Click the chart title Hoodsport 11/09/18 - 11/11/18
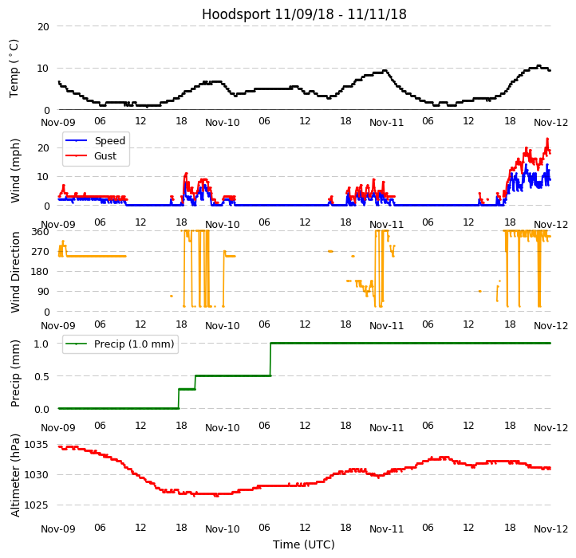coord(304,14)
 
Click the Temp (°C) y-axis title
coord(14,68)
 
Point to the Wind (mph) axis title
coord(15,170)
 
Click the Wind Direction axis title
coord(15,271)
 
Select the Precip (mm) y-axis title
coord(15,373)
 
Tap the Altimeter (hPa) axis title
coord(15,475)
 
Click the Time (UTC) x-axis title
coord(304,544)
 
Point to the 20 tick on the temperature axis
coord(42,26)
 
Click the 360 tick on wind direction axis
coord(40,232)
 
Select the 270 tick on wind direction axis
coord(40,252)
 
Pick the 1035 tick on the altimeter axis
coord(36,444)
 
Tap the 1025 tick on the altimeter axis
coord(36,505)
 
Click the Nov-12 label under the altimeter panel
coord(551,529)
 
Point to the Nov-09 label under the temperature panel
coord(58,122)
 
